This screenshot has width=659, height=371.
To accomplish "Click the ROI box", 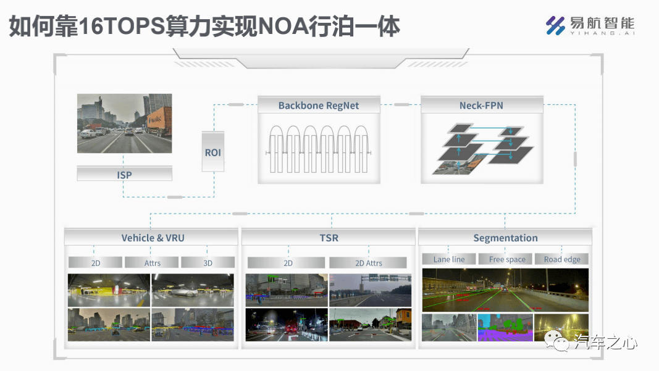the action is (x=212, y=152).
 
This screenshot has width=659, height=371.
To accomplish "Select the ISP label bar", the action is (x=124, y=174).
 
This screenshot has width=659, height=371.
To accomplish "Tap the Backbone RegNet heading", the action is (x=319, y=106).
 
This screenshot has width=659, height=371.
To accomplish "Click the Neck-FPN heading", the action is (x=481, y=106).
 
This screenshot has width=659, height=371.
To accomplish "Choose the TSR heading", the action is (x=329, y=238).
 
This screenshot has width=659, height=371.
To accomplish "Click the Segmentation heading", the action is (x=505, y=238).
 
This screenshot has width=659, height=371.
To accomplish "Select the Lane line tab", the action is (x=449, y=259).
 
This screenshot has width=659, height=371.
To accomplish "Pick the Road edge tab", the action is (x=562, y=259).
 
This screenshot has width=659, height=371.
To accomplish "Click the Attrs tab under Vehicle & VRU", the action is (x=152, y=262).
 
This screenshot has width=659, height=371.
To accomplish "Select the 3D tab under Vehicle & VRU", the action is (x=208, y=262).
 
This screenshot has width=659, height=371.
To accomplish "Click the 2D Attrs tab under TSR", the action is (x=368, y=262).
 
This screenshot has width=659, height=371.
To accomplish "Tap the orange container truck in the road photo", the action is (x=159, y=120).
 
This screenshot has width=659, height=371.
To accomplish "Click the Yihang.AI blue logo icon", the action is (x=555, y=26).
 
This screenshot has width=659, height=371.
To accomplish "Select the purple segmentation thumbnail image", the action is (x=505, y=327).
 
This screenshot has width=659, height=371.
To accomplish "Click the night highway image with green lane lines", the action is (x=505, y=290).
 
